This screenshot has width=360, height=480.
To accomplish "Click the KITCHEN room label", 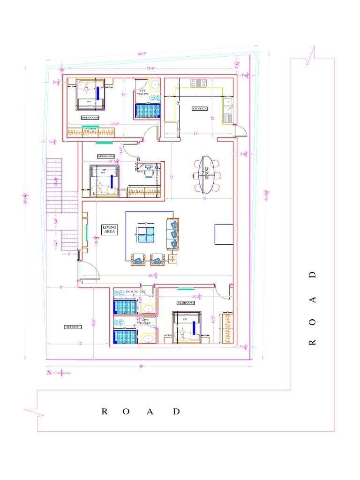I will click(199, 108).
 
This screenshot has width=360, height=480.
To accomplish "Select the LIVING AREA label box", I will click(110, 229).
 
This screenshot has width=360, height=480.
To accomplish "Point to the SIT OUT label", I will click(73, 327).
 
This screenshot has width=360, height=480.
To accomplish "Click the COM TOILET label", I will click(135, 292).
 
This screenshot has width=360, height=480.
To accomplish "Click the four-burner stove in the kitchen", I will click(198, 82).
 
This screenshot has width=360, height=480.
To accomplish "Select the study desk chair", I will click(149, 172).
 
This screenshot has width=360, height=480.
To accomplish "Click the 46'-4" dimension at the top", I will click(142, 53).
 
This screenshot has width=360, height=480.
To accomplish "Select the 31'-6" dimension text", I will click(151, 68).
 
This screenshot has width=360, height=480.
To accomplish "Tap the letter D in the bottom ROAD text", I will click(176, 412).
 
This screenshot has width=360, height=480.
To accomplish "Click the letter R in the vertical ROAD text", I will click(313, 342).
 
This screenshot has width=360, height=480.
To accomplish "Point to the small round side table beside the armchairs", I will click(173, 259).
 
